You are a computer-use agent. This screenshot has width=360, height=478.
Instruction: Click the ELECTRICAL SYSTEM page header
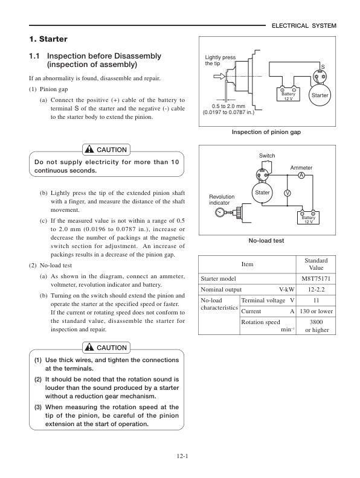(x=304, y=25)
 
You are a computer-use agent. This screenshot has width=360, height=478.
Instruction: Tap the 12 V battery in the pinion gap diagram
(x=288, y=94)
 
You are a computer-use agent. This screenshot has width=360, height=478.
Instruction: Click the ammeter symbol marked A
(x=300, y=174)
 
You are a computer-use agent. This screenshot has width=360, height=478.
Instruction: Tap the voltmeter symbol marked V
(x=288, y=193)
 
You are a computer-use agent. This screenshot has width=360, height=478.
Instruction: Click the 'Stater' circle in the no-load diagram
(x=262, y=193)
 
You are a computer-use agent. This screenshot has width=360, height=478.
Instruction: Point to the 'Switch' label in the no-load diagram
(x=266, y=156)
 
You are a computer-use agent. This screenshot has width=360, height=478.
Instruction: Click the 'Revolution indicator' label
(x=222, y=200)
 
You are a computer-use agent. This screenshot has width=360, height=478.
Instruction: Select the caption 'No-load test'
(x=266, y=240)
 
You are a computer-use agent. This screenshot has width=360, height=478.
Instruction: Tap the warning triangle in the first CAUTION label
(x=88, y=150)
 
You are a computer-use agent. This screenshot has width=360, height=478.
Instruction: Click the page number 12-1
(x=179, y=456)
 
